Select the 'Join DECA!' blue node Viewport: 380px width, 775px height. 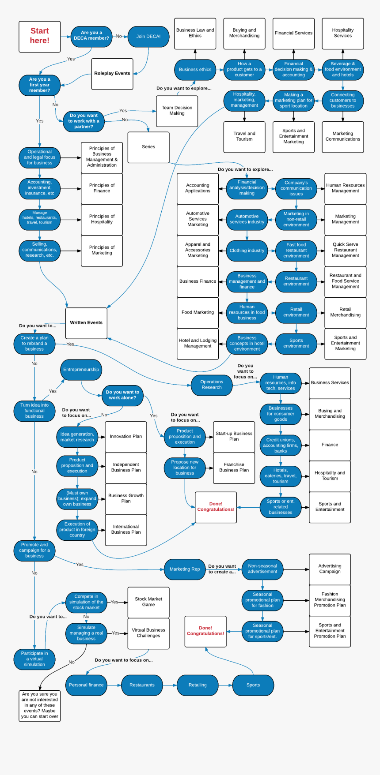point(148,37)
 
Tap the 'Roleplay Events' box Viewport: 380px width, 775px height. point(112,74)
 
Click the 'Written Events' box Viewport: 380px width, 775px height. point(86,323)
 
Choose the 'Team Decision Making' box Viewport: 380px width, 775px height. point(177,111)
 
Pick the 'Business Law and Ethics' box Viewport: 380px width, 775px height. point(195,33)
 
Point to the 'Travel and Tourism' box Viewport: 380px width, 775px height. point(244,137)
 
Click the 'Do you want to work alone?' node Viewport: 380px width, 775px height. point(122,395)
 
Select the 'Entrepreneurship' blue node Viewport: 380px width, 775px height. point(81,370)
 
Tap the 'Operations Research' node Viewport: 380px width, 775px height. point(212,385)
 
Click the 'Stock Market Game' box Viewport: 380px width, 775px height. point(148,602)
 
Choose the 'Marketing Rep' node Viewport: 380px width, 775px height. point(185,569)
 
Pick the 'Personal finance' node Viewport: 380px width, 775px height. point(86,685)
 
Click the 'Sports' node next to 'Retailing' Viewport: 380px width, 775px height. point(253,685)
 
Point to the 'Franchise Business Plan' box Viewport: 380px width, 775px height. point(234,468)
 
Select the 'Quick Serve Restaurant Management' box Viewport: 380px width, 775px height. point(346,250)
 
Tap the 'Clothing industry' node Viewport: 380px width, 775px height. point(247,251)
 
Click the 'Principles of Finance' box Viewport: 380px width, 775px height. point(102,188)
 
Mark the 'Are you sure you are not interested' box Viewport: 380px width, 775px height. point(40,705)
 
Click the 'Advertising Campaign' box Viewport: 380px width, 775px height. point(330,569)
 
